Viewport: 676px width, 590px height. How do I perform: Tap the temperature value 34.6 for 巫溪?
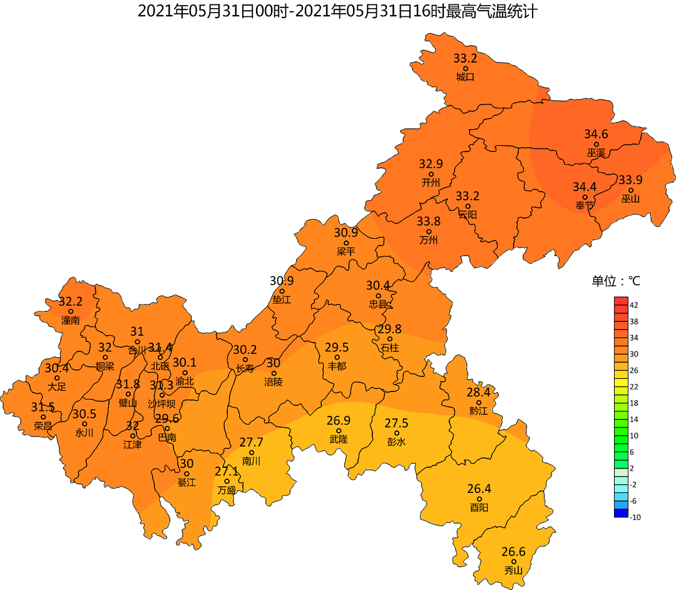point(596,134)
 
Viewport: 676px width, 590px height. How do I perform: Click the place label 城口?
point(465,77)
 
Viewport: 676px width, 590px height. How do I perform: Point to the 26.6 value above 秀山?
point(513,552)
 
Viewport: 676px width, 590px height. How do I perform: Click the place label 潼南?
point(71,320)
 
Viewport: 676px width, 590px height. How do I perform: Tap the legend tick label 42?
point(634,305)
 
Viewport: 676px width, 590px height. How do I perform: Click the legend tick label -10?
point(635,517)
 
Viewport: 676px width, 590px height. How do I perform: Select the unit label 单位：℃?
point(616,281)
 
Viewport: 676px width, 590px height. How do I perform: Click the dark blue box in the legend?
point(621,513)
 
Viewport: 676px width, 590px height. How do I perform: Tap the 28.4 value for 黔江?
point(478,393)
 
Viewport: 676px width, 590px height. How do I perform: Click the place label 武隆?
point(339,440)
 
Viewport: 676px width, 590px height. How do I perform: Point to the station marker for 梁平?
point(346,243)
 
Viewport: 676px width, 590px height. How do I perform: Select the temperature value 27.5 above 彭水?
point(396,423)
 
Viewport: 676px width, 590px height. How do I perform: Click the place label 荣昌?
point(43,426)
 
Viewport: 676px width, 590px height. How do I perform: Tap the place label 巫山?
point(631,199)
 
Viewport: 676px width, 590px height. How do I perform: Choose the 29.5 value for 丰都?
point(337,348)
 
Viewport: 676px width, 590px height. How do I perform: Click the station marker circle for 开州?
point(431,174)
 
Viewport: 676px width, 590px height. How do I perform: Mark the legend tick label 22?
point(634,386)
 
